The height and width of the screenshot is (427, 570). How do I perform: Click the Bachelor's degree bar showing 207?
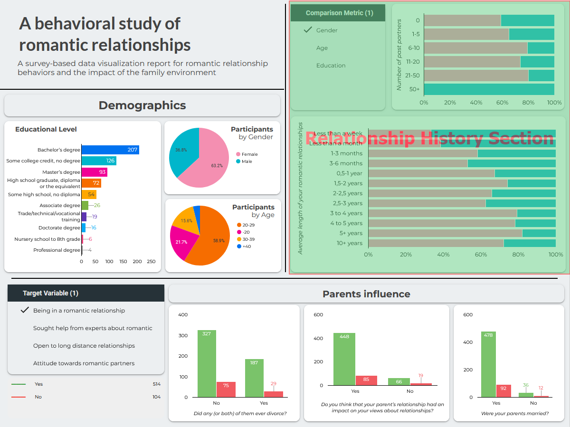point(110,150)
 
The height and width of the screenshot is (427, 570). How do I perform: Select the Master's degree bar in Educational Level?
point(94,172)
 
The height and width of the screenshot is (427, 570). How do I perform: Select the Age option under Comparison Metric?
point(322,48)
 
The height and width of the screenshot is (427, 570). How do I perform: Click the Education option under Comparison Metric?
point(331,66)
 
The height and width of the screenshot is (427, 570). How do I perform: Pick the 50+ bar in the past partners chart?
point(489,89)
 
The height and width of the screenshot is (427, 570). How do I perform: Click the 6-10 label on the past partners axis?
point(413,48)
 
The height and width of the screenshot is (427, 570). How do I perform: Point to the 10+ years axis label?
point(350,243)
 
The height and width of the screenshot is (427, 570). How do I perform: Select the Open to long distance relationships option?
point(84,346)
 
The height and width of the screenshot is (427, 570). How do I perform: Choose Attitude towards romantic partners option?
point(84,363)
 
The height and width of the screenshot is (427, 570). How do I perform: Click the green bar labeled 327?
point(207,363)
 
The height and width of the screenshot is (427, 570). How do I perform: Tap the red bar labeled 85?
point(366,380)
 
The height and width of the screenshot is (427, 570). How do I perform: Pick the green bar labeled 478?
point(488,364)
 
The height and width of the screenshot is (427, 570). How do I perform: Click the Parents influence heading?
point(366,294)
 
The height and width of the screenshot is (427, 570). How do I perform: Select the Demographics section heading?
point(142,105)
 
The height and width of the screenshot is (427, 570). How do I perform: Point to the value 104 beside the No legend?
point(156,397)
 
